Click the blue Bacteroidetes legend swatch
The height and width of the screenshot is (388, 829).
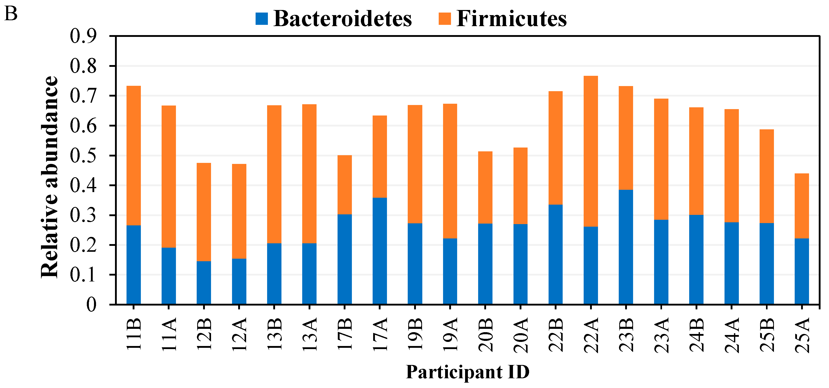point(261,19)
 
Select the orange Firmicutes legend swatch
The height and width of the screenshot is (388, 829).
point(445,19)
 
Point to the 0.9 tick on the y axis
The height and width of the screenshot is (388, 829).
point(83,36)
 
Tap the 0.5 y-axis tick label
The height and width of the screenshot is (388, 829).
point(83,156)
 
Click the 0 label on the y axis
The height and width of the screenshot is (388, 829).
point(91,304)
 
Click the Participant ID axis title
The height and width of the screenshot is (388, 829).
point(468,372)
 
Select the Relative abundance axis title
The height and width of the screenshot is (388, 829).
point(50,177)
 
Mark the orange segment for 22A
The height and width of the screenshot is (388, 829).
point(591,151)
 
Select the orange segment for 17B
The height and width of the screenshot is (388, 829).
point(345,185)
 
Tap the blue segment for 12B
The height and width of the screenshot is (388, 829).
point(204,282)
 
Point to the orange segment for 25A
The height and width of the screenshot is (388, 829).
point(802,206)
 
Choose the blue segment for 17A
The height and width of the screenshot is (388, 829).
point(380,251)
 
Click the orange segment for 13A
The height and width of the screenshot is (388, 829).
point(309,174)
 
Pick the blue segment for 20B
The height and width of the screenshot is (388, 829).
point(485,264)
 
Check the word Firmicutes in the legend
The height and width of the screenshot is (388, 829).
point(512,19)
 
